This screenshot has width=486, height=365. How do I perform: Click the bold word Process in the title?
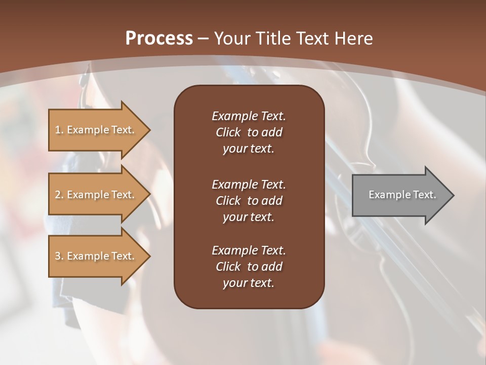(159, 39)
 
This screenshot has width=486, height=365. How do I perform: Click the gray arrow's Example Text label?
(402, 195)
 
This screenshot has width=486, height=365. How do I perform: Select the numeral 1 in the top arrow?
(58, 130)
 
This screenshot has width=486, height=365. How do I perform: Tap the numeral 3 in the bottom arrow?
(58, 256)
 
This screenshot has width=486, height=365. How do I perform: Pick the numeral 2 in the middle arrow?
(58, 195)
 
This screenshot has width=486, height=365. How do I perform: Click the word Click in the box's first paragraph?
(228, 132)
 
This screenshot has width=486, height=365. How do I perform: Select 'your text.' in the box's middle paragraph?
(249, 217)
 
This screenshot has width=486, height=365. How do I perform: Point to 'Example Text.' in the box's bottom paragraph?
(249, 250)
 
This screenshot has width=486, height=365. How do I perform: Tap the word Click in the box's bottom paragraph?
(228, 267)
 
